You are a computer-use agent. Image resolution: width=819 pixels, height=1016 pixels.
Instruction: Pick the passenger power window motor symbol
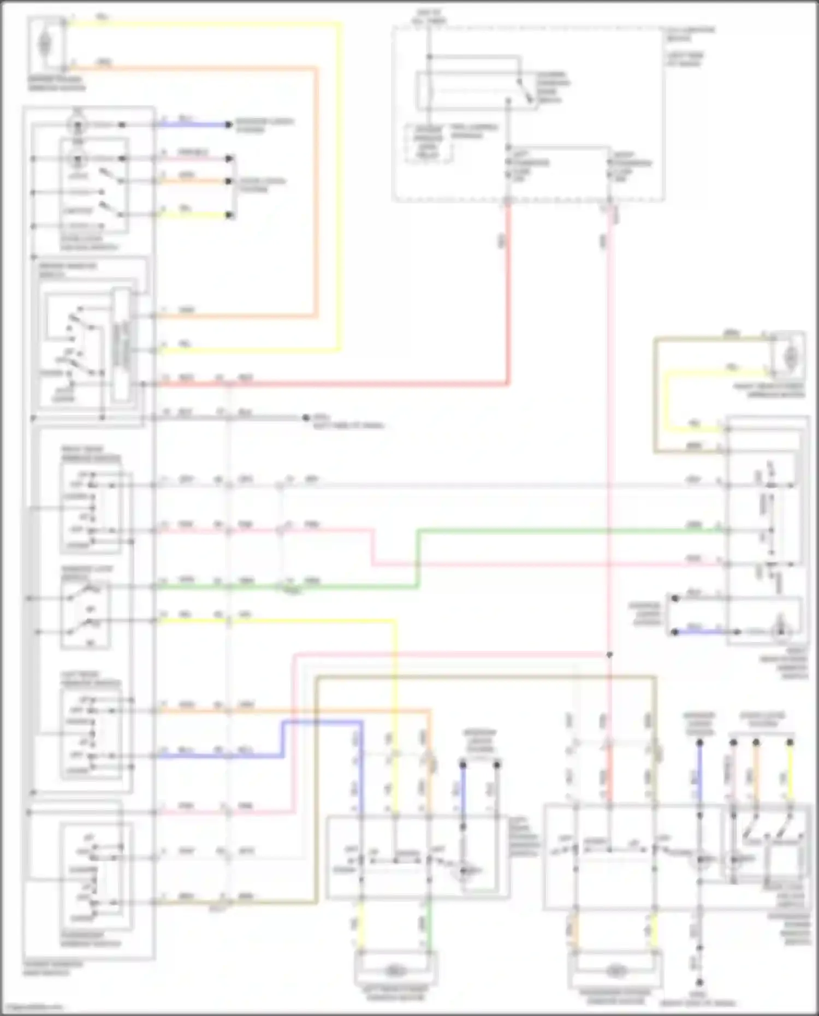click(615, 971)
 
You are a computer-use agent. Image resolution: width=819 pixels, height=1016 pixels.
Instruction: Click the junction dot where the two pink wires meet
click(609, 654)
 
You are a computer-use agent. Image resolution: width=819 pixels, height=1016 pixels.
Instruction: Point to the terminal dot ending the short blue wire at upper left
click(229, 125)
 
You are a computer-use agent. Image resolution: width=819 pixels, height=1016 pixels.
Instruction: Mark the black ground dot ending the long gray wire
click(306, 418)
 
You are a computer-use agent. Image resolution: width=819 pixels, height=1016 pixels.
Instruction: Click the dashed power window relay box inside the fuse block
click(429, 143)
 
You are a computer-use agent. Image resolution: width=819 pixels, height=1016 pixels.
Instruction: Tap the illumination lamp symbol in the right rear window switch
click(781, 632)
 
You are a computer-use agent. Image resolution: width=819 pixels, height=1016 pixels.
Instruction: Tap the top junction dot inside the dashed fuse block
click(430, 57)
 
